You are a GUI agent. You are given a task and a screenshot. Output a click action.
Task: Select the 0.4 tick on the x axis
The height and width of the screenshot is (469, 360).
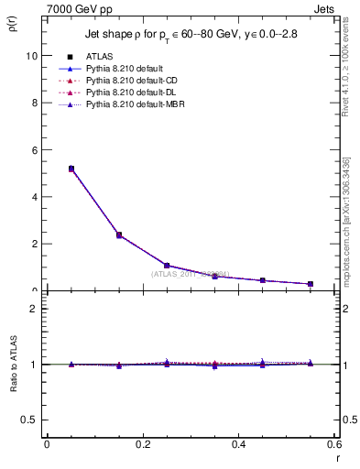238,444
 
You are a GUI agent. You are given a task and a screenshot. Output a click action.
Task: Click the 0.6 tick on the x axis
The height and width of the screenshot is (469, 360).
333,444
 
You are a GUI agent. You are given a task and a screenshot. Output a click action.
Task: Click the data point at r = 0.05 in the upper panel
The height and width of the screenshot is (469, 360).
46,169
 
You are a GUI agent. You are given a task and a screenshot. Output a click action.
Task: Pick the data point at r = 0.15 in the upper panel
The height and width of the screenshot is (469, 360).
93,235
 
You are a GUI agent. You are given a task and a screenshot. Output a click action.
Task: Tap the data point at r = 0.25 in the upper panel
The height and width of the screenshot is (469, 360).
142,266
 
